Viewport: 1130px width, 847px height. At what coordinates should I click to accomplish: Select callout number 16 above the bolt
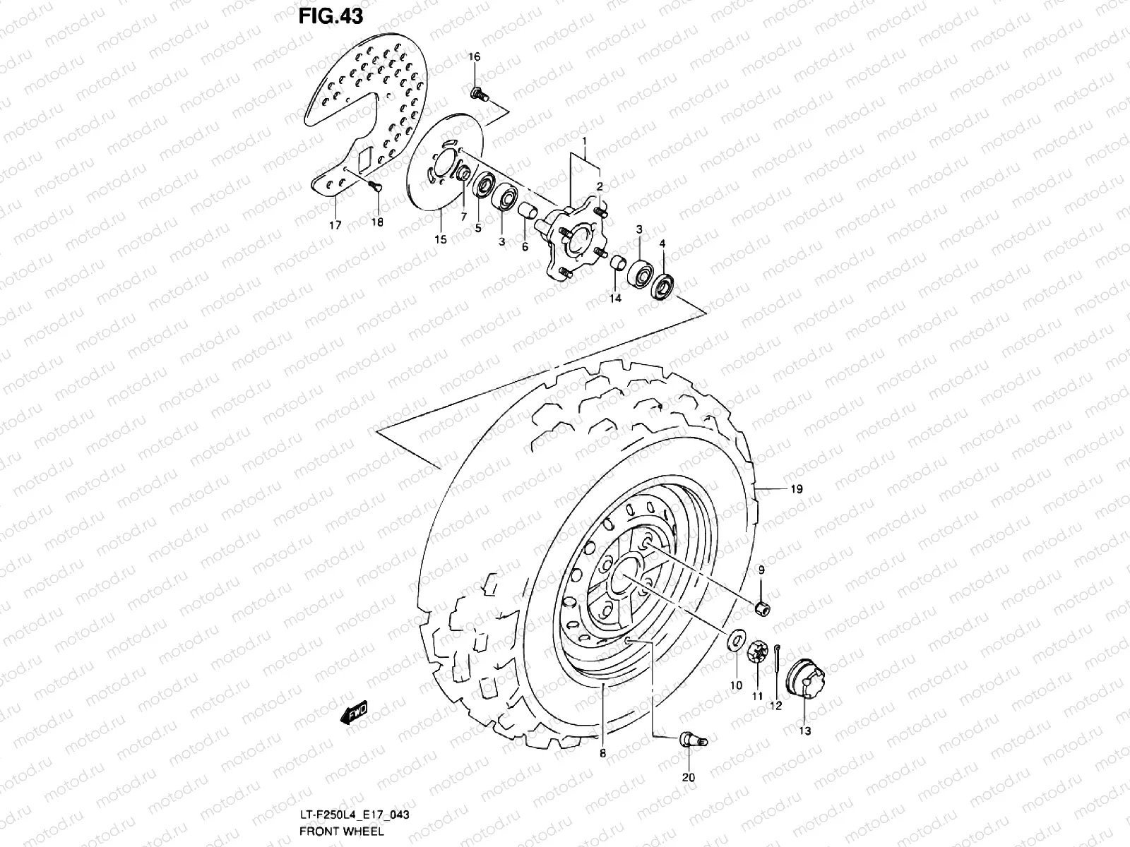pyautogui.click(x=474, y=56)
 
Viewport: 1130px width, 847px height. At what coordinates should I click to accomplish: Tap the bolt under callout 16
pyautogui.click(x=477, y=92)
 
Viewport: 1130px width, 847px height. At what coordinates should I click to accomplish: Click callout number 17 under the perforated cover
pyautogui.click(x=335, y=225)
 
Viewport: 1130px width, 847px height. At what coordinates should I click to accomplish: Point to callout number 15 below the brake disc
pyautogui.click(x=441, y=240)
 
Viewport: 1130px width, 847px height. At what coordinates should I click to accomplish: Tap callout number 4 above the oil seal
pyautogui.click(x=662, y=244)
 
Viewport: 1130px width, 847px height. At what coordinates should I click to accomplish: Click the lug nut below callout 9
pyautogui.click(x=762, y=608)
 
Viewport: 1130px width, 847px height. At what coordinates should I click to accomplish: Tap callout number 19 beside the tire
pyautogui.click(x=796, y=488)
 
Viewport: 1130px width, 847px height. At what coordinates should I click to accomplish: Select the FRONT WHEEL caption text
pyautogui.click(x=341, y=830)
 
